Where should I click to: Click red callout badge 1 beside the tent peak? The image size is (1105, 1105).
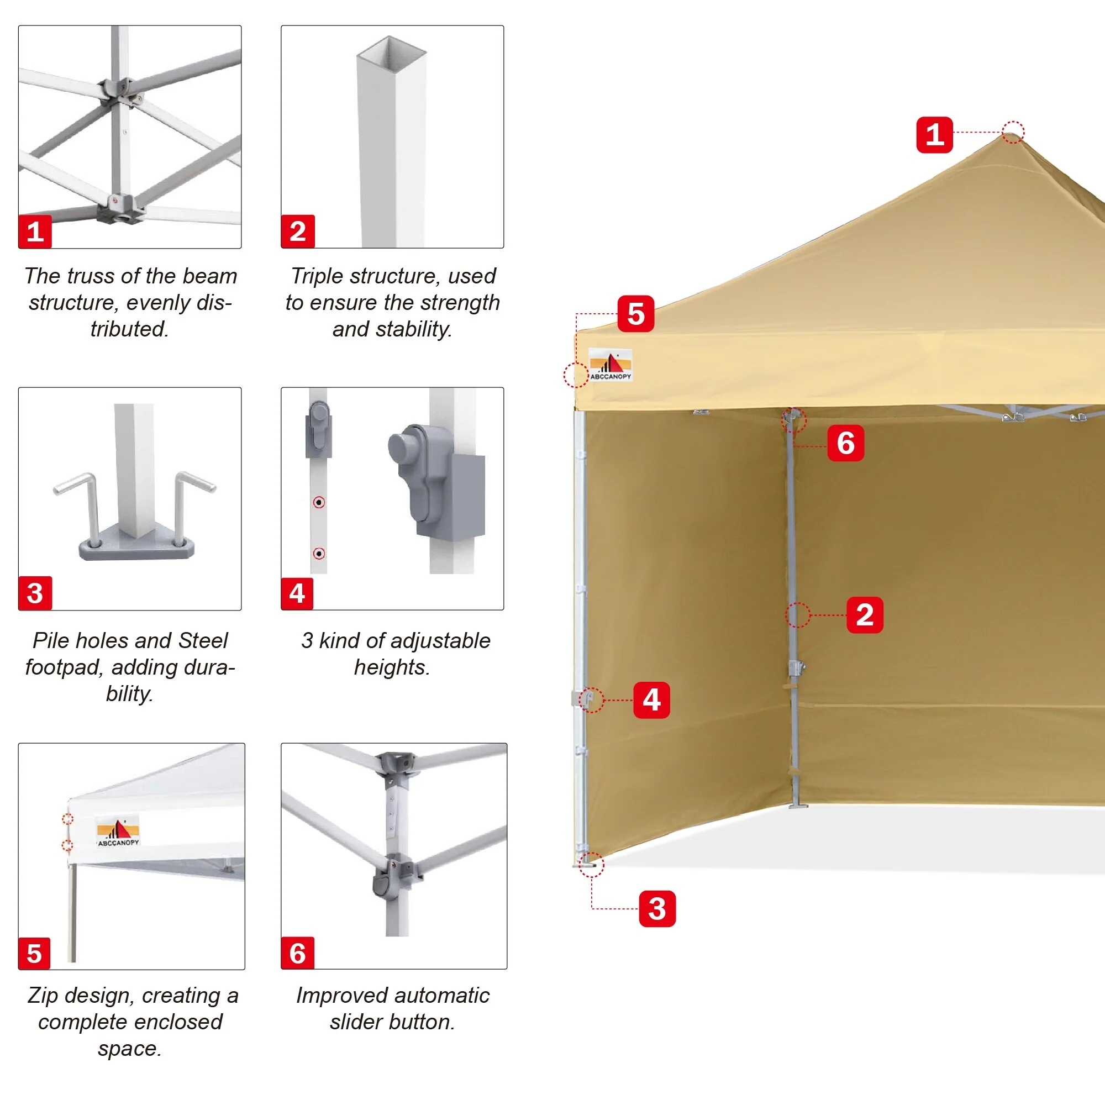tap(935, 135)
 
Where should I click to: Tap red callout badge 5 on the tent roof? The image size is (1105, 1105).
tap(635, 313)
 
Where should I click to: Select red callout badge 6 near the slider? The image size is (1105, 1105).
tap(845, 443)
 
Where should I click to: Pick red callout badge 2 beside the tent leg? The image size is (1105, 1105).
tap(865, 615)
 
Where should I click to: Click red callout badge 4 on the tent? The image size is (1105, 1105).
tap(651, 699)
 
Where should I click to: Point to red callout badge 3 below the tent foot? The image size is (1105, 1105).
tap(657, 908)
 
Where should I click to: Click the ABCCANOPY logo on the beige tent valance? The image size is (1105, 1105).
tap(611, 364)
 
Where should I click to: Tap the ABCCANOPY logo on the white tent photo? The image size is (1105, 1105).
tap(118, 830)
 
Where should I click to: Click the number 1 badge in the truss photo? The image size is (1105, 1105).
tap(35, 231)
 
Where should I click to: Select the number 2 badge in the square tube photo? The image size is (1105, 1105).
tap(298, 231)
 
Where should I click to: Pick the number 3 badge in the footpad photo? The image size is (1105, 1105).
tap(35, 593)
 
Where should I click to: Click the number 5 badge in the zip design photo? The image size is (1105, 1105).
tap(34, 954)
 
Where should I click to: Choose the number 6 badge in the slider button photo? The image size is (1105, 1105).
tap(297, 953)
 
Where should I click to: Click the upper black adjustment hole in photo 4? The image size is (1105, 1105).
tap(319, 502)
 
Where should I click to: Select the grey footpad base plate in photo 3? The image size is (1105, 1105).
tap(136, 548)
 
